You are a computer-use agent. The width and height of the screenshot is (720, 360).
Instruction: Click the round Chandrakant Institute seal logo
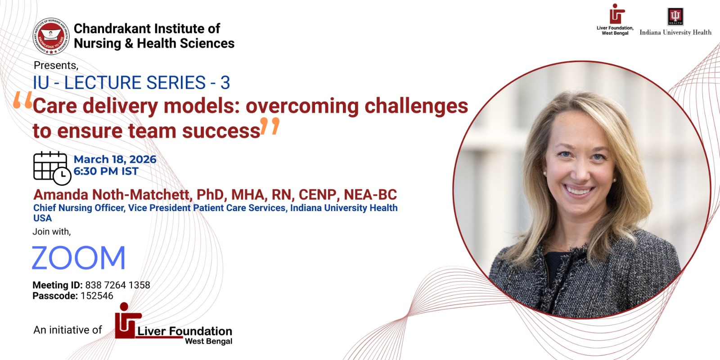(51, 36)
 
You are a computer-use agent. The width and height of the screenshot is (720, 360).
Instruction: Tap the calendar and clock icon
(52, 168)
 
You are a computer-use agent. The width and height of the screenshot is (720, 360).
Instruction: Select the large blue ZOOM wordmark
(79, 257)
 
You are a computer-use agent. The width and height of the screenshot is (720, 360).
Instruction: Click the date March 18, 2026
(115, 159)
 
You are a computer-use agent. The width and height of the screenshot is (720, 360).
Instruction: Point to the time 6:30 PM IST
(106, 171)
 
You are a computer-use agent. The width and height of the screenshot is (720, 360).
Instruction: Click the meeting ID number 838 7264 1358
(117, 285)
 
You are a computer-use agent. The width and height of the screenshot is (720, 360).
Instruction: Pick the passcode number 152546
(97, 296)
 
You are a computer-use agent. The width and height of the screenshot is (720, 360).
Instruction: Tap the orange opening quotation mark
(23, 99)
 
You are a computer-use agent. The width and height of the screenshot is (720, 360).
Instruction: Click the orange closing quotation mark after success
(270, 126)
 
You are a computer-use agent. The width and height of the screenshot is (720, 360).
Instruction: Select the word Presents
(56, 65)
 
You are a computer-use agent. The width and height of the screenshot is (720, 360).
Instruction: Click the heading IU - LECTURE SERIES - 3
(131, 83)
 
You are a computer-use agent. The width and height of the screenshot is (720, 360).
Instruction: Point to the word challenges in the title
(416, 107)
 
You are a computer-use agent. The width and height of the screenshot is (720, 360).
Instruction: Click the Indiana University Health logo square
(675, 16)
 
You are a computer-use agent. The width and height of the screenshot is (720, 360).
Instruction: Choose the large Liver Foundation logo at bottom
(174, 324)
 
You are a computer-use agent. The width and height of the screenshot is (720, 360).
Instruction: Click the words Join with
(52, 231)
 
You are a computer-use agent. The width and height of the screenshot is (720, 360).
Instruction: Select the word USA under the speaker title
(42, 218)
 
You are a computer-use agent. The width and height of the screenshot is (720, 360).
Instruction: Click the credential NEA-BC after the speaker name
(370, 194)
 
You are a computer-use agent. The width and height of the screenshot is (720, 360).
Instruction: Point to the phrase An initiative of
(67, 330)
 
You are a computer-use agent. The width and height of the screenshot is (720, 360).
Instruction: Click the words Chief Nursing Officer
(79, 208)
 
